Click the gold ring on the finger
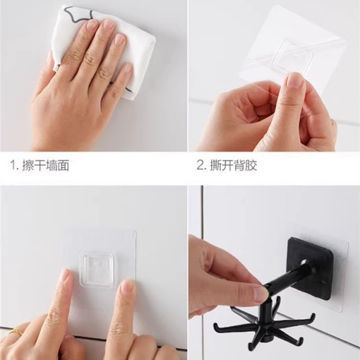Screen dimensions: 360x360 pyautogui.click(x=17, y=332)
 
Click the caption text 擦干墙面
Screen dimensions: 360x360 pyautogui.click(x=46, y=165)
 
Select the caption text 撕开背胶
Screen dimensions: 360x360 pyautogui.click(x=233, y=165)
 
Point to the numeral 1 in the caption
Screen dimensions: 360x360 pyautogui.click(x=13, y=166)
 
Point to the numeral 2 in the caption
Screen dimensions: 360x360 pyautogui.click(x=200, y=166)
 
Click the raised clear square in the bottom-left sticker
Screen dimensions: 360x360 pyautogui.click(x=97, y=269)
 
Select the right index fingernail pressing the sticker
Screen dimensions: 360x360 pyautogui.click(x=127, y=287)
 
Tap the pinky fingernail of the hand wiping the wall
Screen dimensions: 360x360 pyautogui.click(x=127, y=69)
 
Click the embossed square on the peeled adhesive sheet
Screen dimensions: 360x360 pyautogui.click(x=296, y=57)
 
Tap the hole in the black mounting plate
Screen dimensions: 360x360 pyautogui.click(x=304, y=262)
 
